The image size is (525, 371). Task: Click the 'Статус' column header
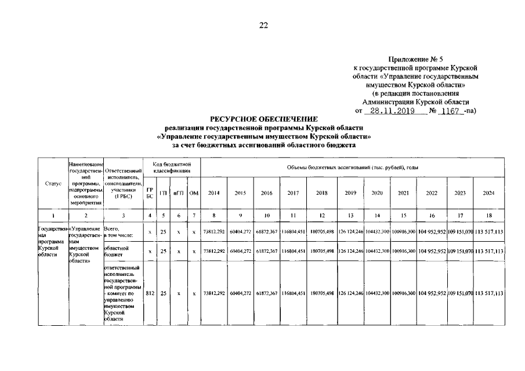[53, 184]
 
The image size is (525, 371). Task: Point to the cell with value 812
[150, 294]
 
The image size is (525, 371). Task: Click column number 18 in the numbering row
[488, 216]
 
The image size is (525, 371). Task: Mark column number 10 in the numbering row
[267, 216]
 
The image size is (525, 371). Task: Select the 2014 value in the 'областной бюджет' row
[214, 252]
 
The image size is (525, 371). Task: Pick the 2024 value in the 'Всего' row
[488, 233]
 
